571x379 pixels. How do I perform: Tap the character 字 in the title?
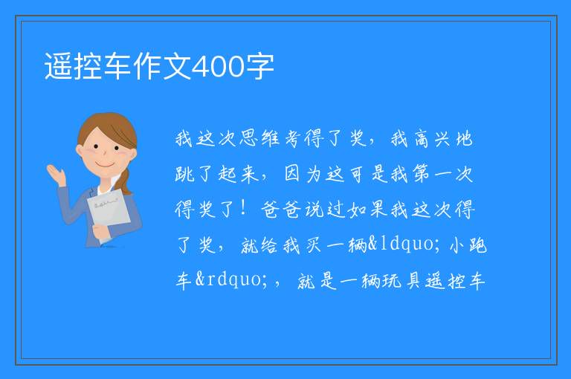(259, 66)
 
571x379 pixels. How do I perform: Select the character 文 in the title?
(178, 66)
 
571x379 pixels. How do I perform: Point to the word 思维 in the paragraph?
(259, 139)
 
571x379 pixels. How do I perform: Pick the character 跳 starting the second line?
(185, 174)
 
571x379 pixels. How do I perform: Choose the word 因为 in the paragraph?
(303, 174)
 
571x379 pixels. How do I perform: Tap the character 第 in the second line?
(422, 174)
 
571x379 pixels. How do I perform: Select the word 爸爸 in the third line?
(281, 210)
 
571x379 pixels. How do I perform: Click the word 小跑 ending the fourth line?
(468, 244)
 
